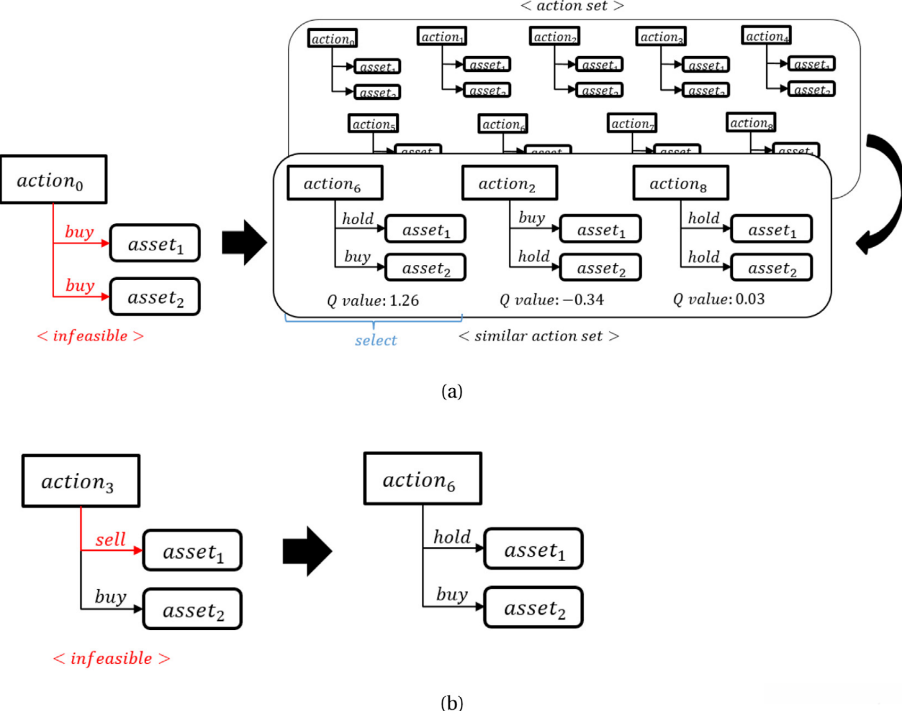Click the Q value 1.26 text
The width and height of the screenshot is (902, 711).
click(373, 300)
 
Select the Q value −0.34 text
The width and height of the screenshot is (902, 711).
click(552, 300)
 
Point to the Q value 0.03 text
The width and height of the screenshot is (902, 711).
click(719, 299)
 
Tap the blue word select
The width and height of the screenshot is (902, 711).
click(376, 340)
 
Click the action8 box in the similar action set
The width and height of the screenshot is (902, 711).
click(680, 183)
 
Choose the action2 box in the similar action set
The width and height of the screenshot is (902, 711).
click(509, 183)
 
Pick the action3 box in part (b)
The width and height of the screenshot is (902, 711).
click(80, 481)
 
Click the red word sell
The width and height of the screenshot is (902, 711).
click(111, 539)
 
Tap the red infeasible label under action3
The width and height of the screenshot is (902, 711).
click(111, 658)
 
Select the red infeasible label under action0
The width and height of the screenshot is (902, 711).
click(90, 336)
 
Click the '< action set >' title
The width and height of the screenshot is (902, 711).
click(572, 6)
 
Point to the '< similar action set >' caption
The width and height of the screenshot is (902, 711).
click(539, 336)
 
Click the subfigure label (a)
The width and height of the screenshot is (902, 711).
click(452, 391)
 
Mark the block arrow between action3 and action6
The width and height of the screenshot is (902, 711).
click(307, 551)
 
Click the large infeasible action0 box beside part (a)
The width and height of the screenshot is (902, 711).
click(53, 180)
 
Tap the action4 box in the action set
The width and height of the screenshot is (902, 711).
click(766, 36)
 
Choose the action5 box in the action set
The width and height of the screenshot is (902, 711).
click(374, 124)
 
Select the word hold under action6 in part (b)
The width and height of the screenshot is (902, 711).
click(452, 537)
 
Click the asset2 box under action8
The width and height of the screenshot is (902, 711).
click(771, 268)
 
